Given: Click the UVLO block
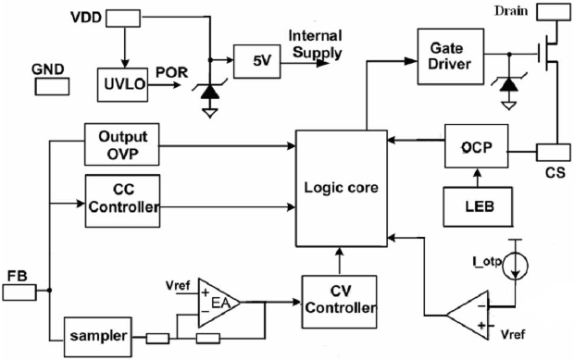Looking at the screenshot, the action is (122, 84).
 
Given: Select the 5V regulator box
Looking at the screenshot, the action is (257, 61).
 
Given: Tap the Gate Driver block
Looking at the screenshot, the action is (451, 56).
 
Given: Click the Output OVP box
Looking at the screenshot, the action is (122, 144).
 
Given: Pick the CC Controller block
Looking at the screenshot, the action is (122, 201).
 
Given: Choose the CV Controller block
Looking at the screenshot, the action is (340, 302).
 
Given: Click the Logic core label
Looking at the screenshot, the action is (342, 188).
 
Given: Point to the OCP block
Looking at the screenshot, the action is (476, 146).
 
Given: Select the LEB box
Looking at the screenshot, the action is (478, 206).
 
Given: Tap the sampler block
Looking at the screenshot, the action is (98, 337).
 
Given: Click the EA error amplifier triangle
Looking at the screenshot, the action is (218, 303).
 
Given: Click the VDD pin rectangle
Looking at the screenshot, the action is (123, 19).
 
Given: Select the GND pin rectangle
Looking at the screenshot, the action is (52, 87).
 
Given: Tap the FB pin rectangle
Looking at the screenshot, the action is (19, 292).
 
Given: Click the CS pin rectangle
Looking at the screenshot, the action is (553, 153).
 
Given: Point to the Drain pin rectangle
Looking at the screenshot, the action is (554, 12).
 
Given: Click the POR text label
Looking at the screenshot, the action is (171, 72).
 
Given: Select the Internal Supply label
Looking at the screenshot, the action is (316, 44).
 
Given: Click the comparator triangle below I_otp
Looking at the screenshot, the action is (468, 315).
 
